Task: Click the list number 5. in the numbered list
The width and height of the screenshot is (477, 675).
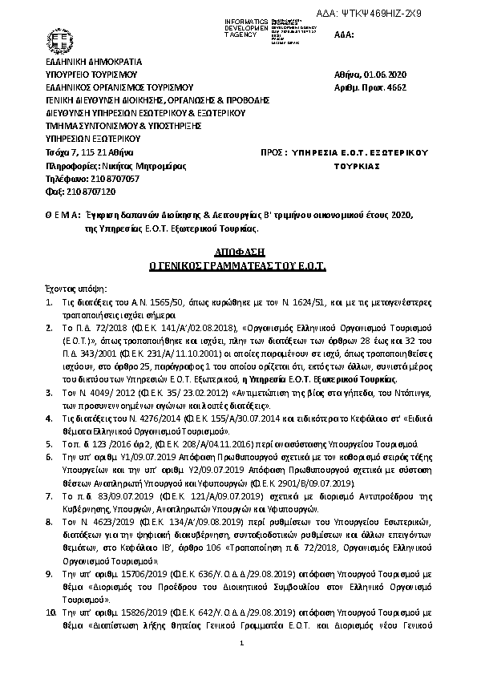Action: pyautogui.click(x=48, y=443)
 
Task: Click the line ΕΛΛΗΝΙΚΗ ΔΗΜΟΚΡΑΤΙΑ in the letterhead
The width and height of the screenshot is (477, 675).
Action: pyautogui.click(x=93, y=61)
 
